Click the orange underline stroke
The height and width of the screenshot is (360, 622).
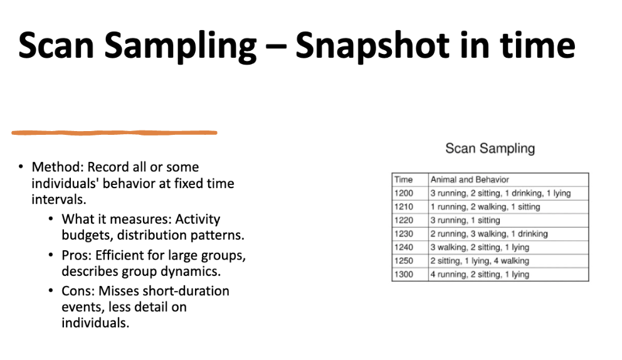(114, 132)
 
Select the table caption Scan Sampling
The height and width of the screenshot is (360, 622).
(490, 149)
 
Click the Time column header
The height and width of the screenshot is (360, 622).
(403, 179)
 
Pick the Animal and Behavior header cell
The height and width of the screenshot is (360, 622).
(470, 179)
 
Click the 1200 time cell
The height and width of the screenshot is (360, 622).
(404, 193)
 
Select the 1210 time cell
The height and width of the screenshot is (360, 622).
(404, 207)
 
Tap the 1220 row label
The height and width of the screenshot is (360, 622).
(404, 220)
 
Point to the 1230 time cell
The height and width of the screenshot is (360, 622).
(404, 234)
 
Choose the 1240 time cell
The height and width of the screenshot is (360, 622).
(404, 248)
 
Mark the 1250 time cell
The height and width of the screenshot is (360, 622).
(404, 261)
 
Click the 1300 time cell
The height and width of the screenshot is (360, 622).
(404, 275)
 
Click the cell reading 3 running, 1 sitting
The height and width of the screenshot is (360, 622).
(465, 220)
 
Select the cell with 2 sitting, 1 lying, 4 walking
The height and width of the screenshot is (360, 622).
(480, 261)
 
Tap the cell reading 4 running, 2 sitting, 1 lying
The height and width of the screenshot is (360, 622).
(480, 275)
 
